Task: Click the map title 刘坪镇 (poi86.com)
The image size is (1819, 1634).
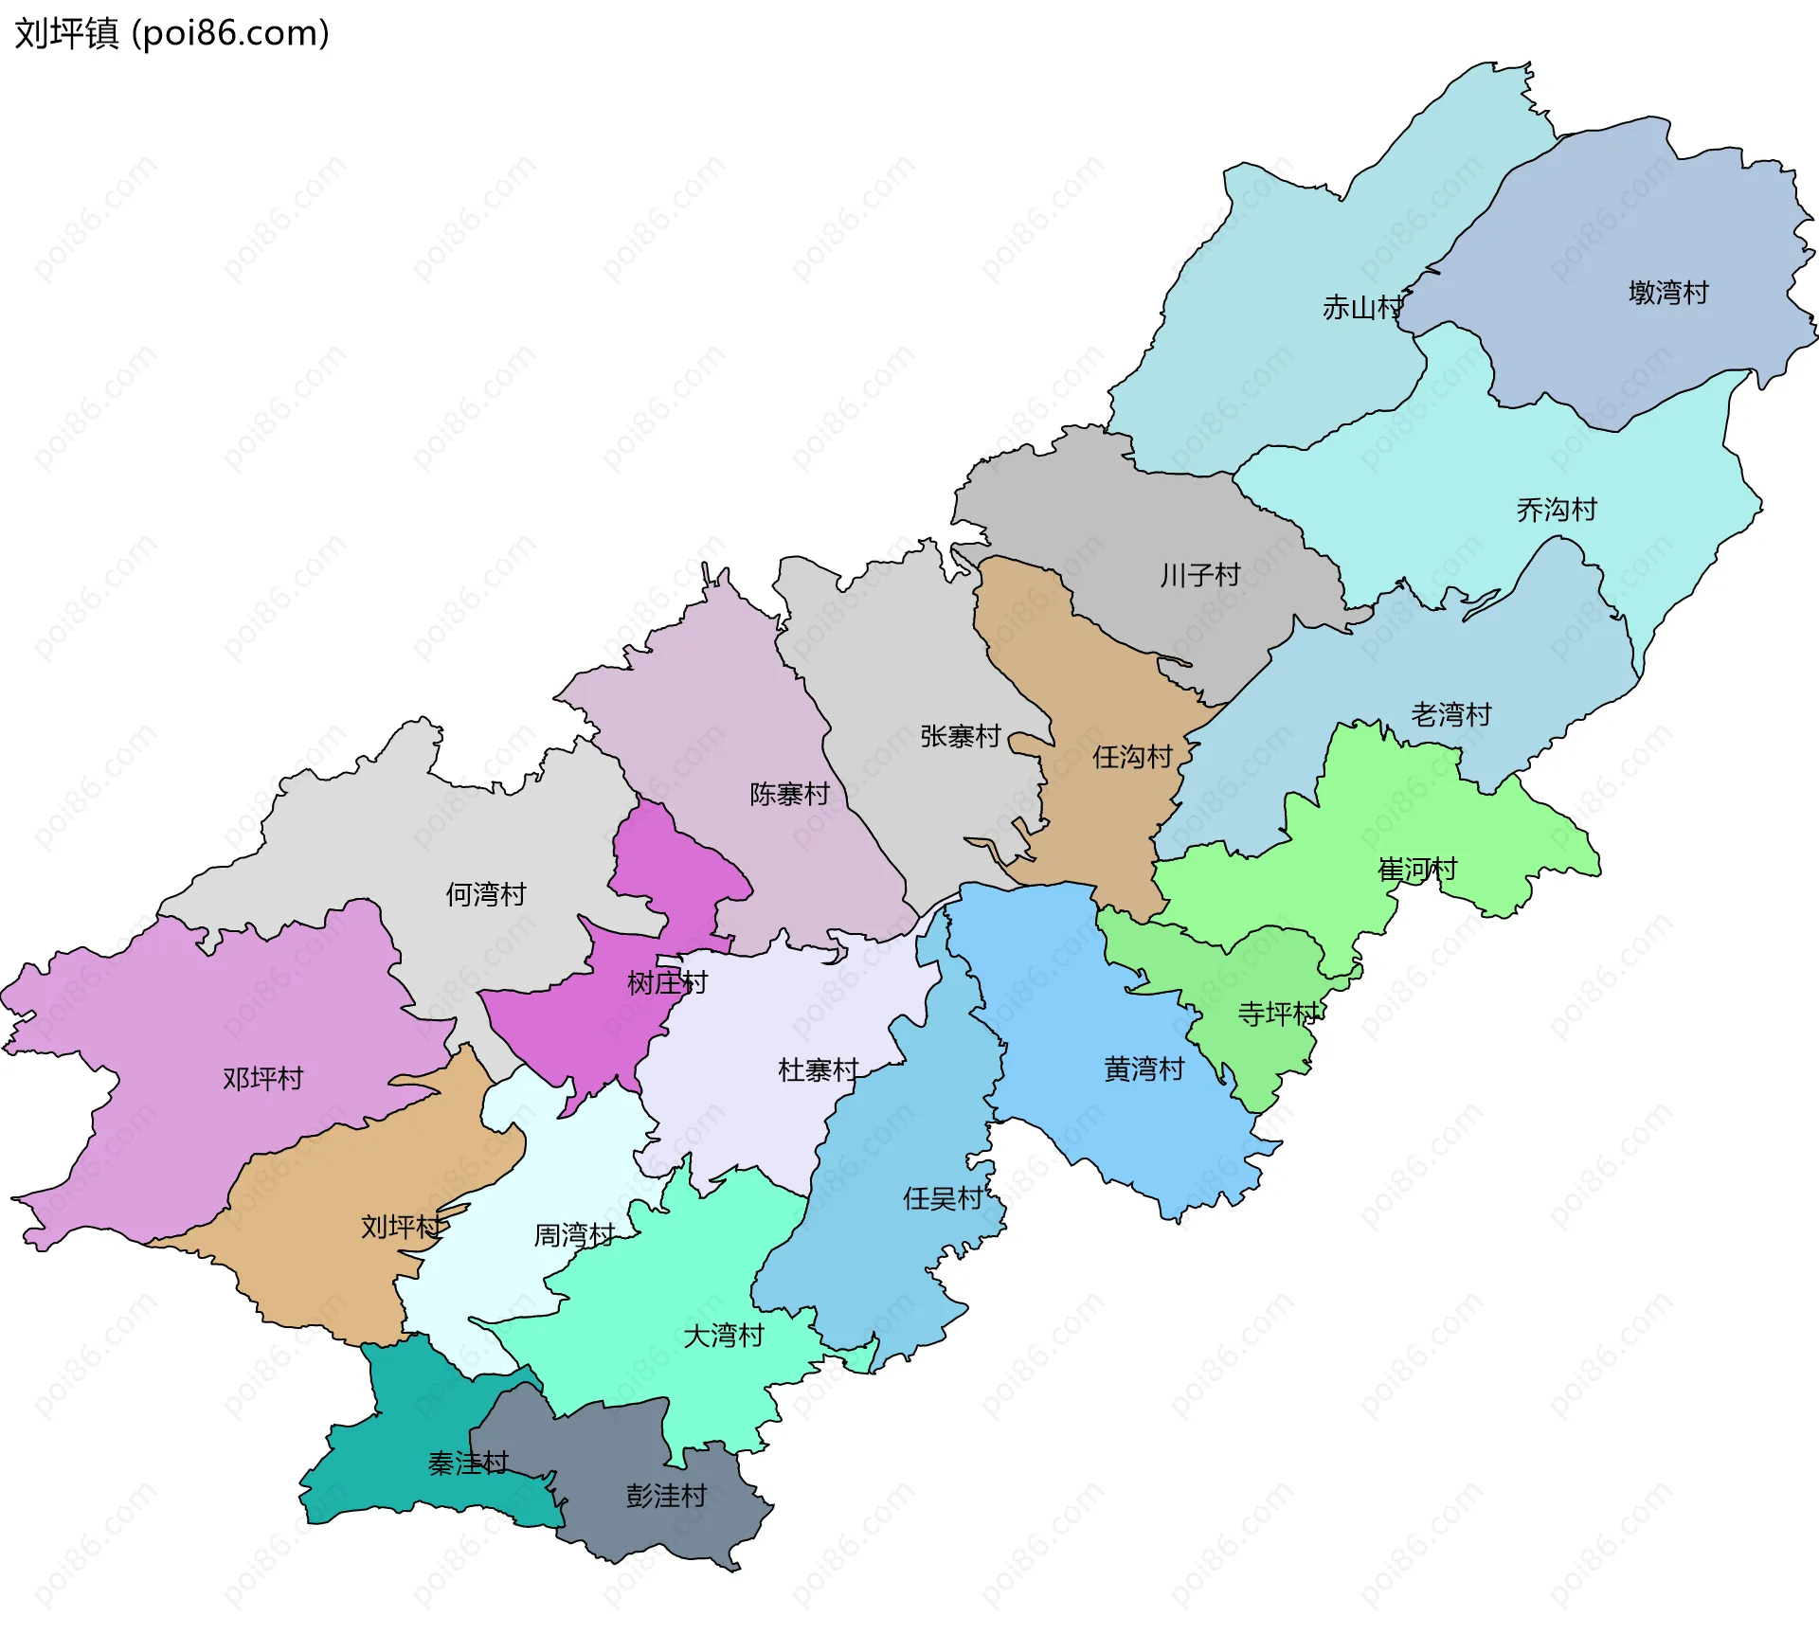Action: coord(171,33)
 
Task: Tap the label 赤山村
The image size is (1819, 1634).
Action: coord(1361,308)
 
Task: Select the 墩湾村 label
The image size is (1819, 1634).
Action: coord(1667,293)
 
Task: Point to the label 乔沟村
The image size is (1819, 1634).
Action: coord(1556,511)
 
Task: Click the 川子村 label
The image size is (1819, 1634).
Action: coord(1199,575)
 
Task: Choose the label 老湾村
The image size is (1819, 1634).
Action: coord(1450,714)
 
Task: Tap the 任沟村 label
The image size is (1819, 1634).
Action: coord(1132,757)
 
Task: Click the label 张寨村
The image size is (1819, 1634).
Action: coord(960,736)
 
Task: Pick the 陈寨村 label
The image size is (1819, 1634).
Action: coord(789,794)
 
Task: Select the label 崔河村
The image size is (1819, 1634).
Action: coord(1416,870)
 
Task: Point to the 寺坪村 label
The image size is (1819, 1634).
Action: coord(1278,1015)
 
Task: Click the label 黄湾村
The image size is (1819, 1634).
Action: coord(1144,1069)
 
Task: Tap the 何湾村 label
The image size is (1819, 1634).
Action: coord(485,894)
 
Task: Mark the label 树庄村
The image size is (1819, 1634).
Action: coord(667,983)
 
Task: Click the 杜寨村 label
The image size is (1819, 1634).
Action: coord(818,1070)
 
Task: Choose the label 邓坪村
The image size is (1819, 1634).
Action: coord(262,1079)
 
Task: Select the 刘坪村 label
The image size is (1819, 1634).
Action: coord(401,1228)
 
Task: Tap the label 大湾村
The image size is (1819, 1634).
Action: coord(724,1336)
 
